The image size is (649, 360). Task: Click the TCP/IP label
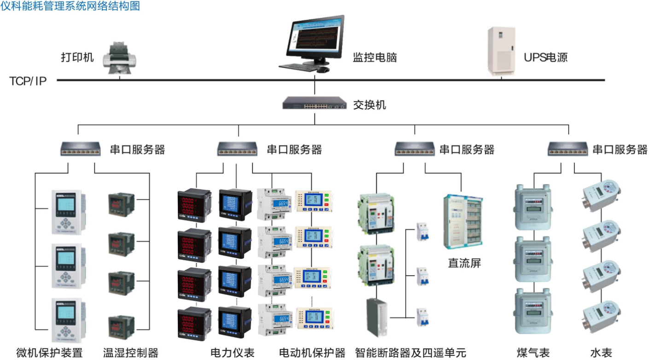tap(28, 81)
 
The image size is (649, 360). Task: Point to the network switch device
tap(315, 103)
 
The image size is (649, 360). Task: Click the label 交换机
tap(369, 105)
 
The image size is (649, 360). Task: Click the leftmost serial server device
tap(80, 148)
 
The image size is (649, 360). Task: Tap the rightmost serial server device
tap(567, 148)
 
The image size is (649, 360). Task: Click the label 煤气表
tap(533, 353)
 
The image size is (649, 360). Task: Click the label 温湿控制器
tap(131, 353)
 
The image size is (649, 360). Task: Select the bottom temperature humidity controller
tap(121, 328)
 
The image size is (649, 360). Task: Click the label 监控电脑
tap(374, 58)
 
